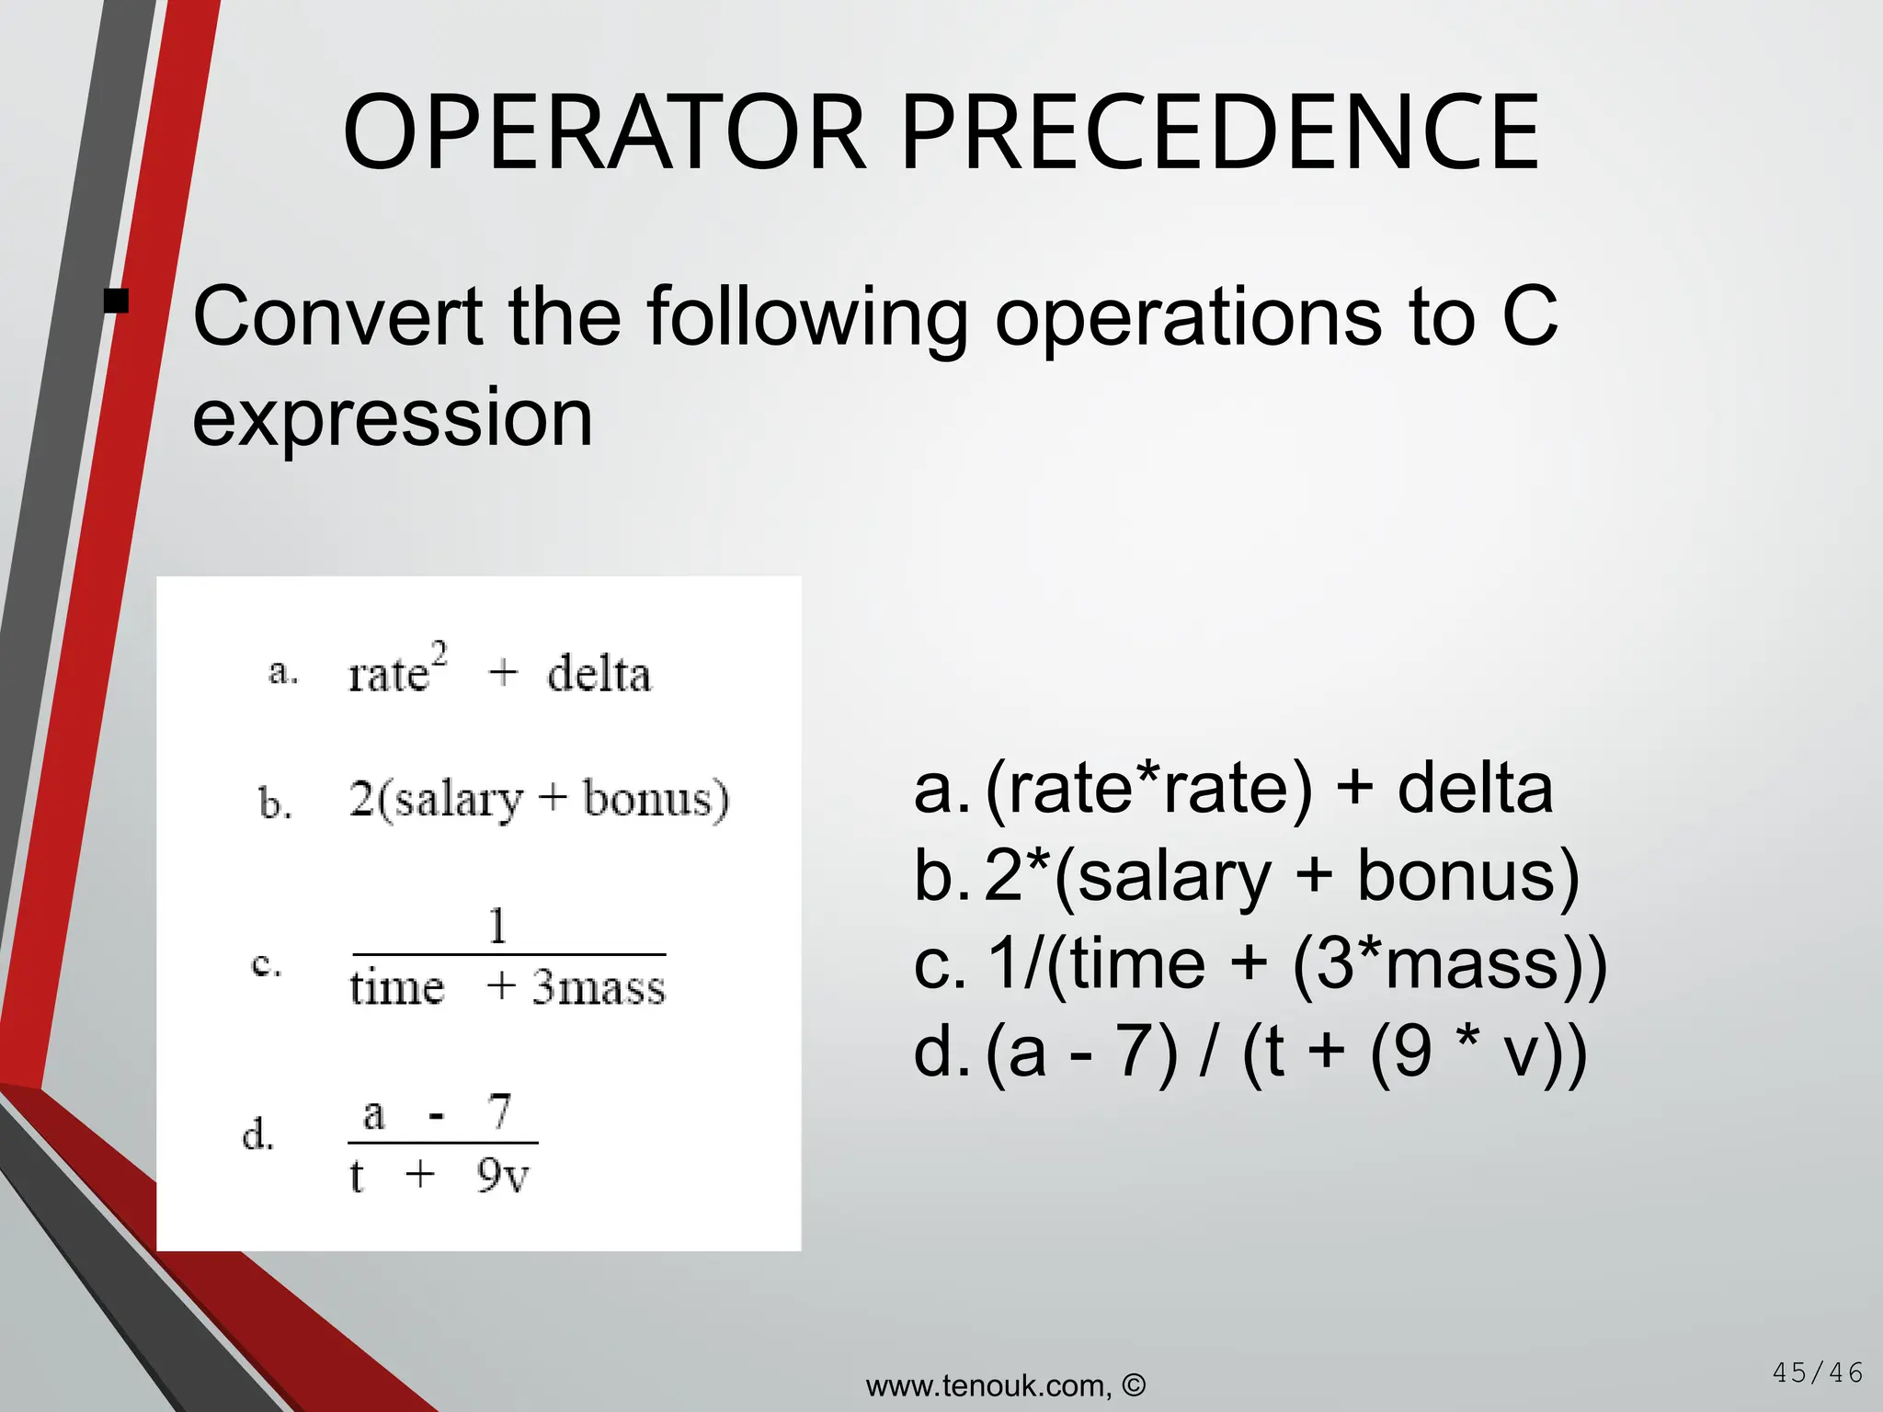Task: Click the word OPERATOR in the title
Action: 604,133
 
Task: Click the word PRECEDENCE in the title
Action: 1220,133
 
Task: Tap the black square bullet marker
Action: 116,302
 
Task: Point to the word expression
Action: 393,418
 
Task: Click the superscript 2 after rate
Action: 439,655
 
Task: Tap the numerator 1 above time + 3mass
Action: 497,926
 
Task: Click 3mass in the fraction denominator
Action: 599,988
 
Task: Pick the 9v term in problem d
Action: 503,1176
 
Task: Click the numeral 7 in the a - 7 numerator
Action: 499,1112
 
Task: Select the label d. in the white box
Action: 258,1134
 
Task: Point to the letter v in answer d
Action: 1522,1053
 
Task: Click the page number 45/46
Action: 1817,1373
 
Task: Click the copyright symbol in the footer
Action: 1134,1384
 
